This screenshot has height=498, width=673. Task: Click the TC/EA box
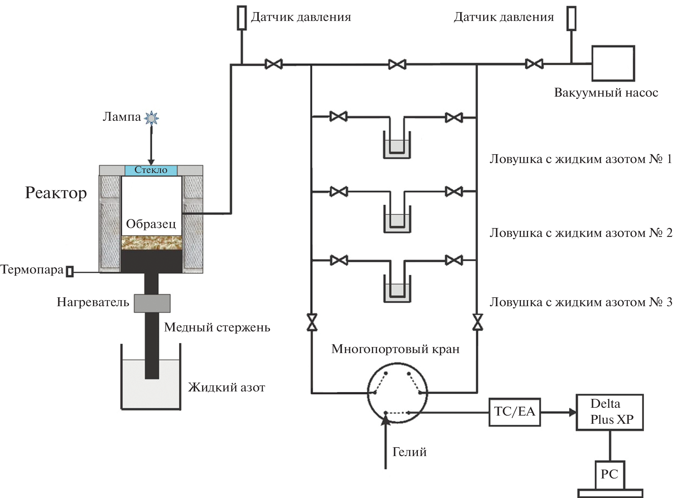[x=515, y=412]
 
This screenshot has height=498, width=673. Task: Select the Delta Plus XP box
[x=609, y=412]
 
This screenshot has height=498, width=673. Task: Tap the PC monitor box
[x=610, y=475]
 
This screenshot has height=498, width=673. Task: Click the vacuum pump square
[x=613, y=63]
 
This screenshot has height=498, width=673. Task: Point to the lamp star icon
[x=152, y=118]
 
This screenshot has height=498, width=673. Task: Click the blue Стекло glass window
[x=151, y=170]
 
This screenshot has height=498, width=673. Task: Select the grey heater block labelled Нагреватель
[x=152, y=303]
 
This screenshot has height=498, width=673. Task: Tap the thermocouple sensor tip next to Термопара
[x=70, y=271]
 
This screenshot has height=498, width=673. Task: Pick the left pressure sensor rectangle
[x=242, y=18]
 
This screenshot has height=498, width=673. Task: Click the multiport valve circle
[x=397, y=393]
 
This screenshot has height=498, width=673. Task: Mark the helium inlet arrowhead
[x=386, y=420]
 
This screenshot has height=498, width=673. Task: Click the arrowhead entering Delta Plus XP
[x=572, y=412]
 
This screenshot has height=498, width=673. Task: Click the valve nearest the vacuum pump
[x=534, y=64]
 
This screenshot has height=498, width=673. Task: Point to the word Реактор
[x=56, y=193]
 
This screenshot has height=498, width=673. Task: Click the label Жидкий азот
[x=226, y=387]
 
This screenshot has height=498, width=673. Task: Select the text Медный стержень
[x=217, y=327]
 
